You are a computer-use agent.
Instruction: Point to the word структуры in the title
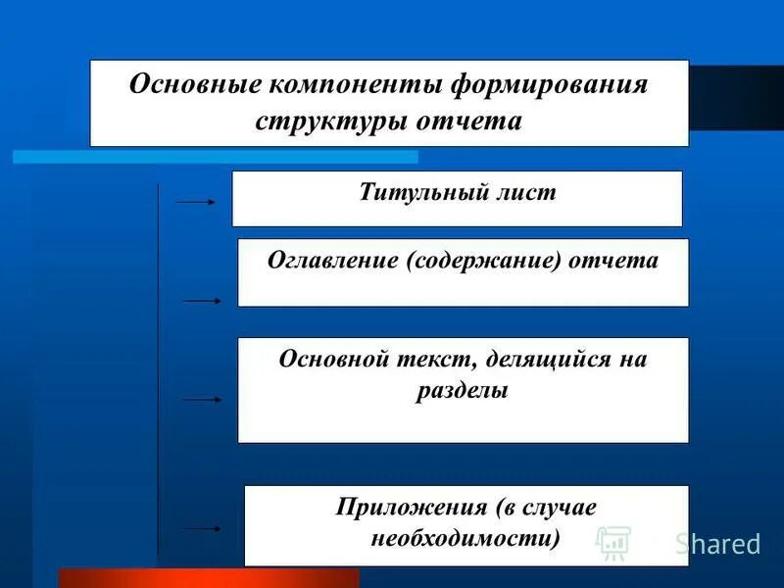click(322, 121)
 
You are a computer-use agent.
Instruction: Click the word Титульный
click(418, 192)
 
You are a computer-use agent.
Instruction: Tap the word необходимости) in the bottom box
click(465, 538)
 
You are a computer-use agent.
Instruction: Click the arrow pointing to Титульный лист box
click(195, 202)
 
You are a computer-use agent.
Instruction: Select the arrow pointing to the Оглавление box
click(203, 301)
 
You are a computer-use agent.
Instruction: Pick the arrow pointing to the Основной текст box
click(203, 400)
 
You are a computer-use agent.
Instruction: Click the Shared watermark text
click(717, 544)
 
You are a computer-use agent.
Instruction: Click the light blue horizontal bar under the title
click(215, 156)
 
